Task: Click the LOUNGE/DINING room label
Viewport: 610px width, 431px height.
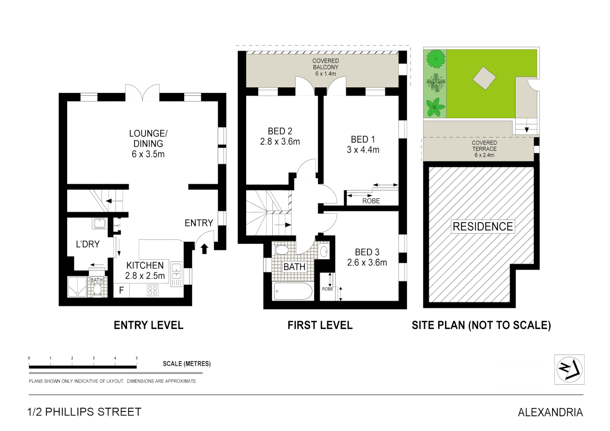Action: click(148, 144)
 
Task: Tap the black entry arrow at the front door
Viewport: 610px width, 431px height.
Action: click(204, 249)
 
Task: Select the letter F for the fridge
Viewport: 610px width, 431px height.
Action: click(121, 291)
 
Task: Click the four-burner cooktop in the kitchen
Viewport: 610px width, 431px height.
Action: click(153, 290)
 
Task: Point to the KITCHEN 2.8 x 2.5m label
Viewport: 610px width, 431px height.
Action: click(145, 271)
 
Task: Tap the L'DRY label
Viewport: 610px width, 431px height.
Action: click(88, 244)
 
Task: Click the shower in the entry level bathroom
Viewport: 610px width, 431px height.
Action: click(77, 287)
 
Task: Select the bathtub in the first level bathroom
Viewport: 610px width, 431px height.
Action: click(293, 291)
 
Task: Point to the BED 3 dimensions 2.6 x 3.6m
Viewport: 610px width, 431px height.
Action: click(367, 263)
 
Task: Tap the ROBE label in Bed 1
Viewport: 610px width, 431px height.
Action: click(371, 201)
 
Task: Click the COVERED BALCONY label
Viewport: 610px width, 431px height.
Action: click(326, 67)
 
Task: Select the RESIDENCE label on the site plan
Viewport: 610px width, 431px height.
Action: click(483, 227)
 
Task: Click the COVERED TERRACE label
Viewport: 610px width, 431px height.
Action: click(484, 149)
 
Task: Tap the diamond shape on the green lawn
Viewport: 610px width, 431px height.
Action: click(485, 78)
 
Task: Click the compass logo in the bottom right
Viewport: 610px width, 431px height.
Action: click(569, 369)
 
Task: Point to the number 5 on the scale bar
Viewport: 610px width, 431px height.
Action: click(137, 358)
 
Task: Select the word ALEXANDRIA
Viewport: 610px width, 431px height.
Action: click(550, 412)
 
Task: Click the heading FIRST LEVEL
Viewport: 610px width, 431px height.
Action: click(320, 325)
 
